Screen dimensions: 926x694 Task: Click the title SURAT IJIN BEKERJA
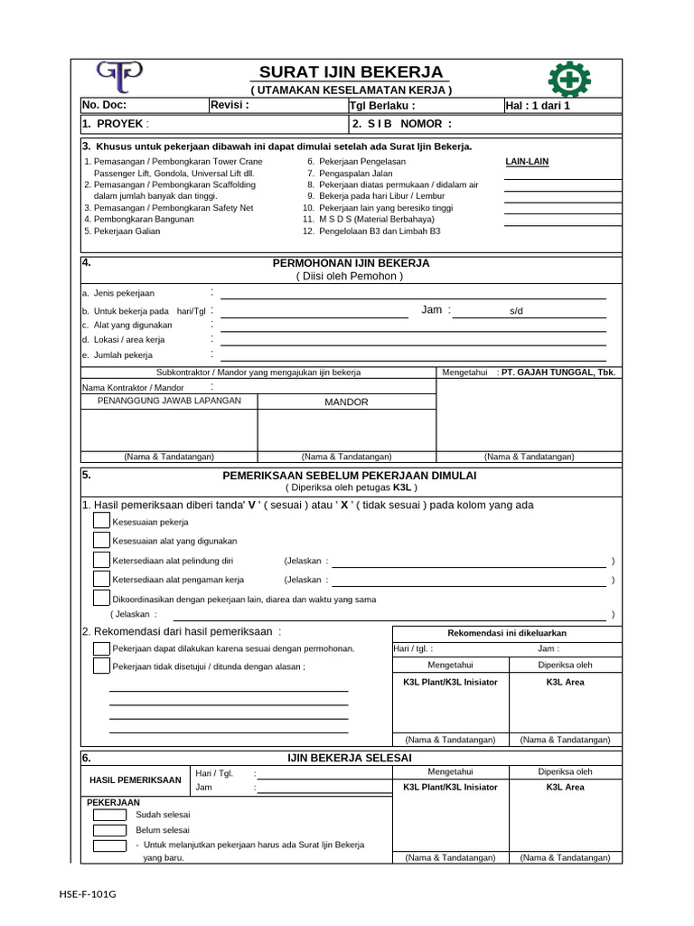click(x=351, y=72)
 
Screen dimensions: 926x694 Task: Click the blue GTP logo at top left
click(x=119, y=76)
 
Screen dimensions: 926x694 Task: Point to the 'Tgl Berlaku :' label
click(x=381, y=106)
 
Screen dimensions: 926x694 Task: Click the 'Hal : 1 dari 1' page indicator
click(x=539, y=106)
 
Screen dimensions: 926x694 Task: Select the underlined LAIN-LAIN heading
click(x=526, y=162)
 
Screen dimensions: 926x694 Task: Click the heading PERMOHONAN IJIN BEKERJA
click(x=351, y=263)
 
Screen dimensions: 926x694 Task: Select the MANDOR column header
click(x=346, y=402)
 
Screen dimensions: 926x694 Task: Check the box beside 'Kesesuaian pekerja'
click(x=102, y=522)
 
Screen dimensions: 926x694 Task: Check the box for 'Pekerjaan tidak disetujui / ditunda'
click(x=102, y=666)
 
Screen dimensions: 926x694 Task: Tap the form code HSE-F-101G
click(x=88, y=894)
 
